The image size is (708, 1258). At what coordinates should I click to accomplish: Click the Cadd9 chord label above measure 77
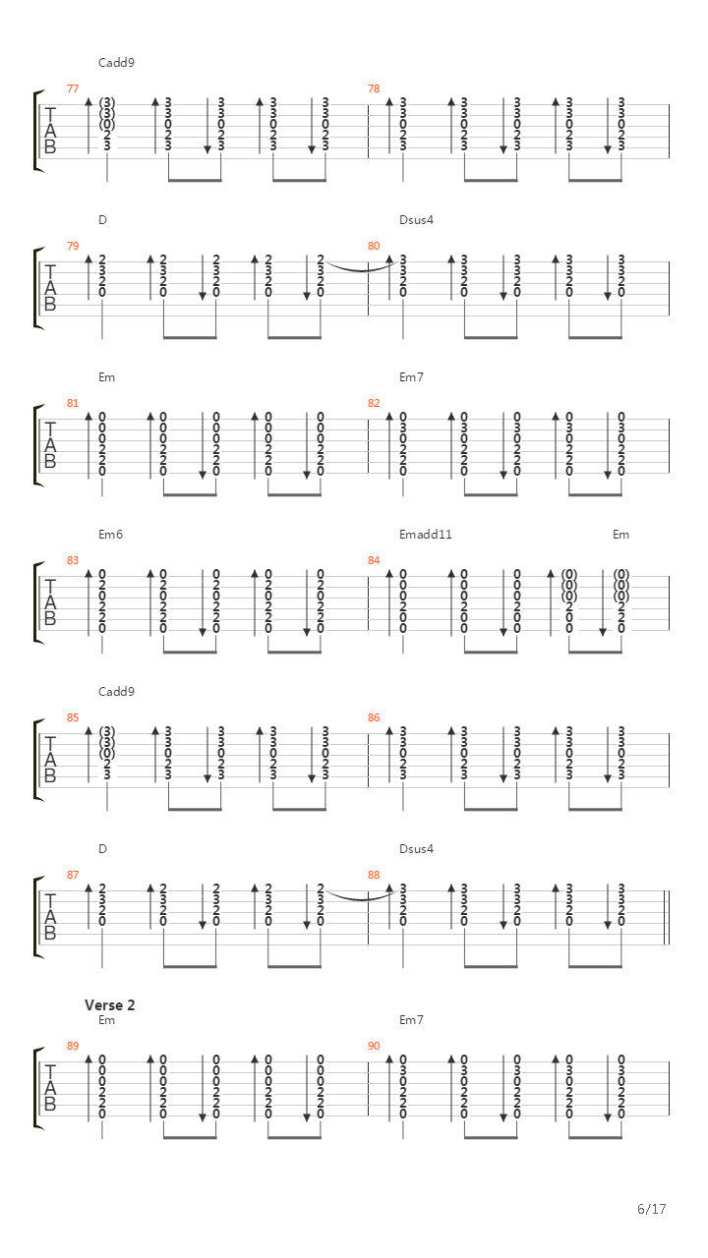(x=116, y=62)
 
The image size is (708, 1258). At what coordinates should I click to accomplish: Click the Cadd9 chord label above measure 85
(x=116, y=691)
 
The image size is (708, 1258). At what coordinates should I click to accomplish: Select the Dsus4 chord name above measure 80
(x=416, y=219)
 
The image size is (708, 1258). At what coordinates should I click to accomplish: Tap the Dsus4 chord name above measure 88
(x=416, y=848)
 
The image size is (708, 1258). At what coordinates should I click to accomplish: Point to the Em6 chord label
(x=110, y=534)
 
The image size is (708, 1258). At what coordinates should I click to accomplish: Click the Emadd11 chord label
(x=426, y=534)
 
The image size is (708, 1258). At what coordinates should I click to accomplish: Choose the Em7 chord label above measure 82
(x=411, y=376)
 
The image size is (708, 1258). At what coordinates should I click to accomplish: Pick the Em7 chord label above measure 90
(x=411, y=1019)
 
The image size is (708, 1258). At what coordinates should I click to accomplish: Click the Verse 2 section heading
(x=109, y=1004)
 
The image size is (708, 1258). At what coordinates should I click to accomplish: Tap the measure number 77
(x=73, y=88)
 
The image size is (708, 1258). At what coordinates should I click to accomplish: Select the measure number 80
(x=374, y=246)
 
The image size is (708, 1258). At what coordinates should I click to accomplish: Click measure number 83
(x=73, y=560)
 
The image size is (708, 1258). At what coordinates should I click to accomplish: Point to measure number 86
(x=374, y=717)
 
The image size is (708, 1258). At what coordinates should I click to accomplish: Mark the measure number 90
(x=374, y=1046)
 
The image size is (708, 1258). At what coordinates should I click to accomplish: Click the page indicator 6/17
(x=652, y=1209)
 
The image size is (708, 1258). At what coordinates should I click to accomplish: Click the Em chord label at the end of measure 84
(x=620, y=534)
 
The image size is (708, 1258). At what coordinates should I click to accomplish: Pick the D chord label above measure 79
(x=102, y=219)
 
